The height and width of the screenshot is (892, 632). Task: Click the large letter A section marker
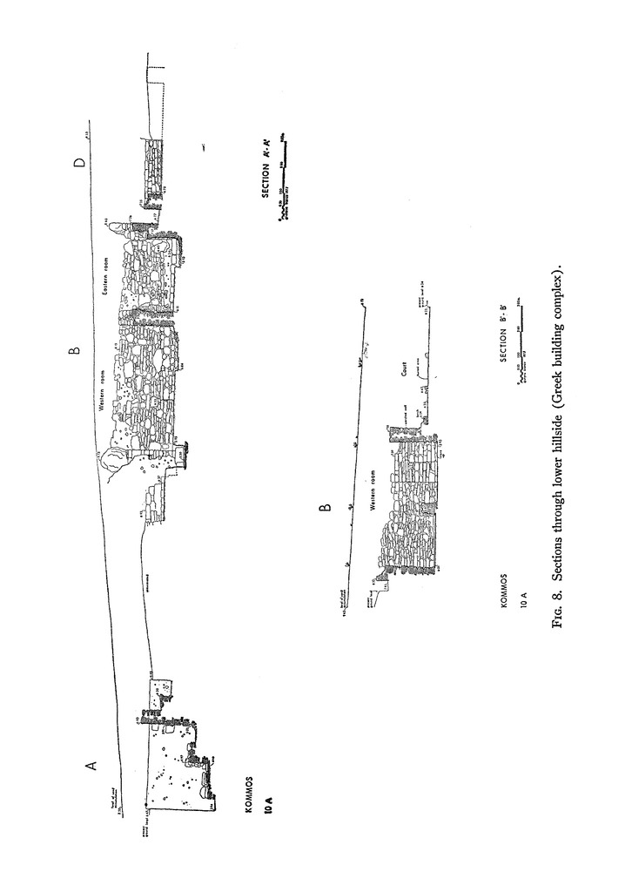(x=90, y=765)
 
